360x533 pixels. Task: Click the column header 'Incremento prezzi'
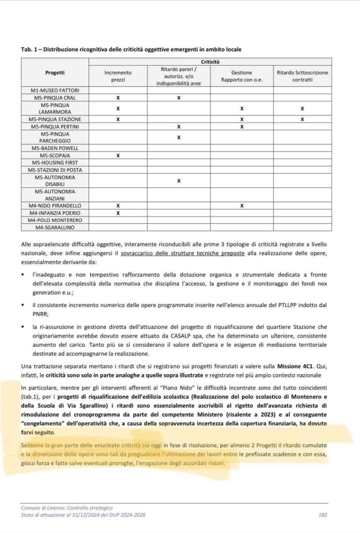tap(118, 77)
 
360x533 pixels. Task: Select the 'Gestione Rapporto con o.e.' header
tap(242, 77)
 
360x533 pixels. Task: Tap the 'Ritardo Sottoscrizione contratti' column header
tap(303, 77)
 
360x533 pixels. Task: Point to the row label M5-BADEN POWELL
tap(55, 148)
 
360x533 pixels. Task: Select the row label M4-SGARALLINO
tap(55, 227)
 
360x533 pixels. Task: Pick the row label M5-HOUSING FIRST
tap(55, 162)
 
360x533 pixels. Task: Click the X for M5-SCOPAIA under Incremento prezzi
tap(118, 155)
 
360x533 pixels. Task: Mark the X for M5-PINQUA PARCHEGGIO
tap(179, 137)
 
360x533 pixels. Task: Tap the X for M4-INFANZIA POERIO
tap(118, 213)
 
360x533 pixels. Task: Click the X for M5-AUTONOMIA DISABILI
tap(179, 181)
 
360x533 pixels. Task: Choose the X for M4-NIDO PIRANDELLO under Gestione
tap(242, 206)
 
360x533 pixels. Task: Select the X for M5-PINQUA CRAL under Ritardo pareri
tap(179, 98)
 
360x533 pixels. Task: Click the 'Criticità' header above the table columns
tap(210, 62)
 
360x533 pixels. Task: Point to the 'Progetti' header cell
tap(55, 73)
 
